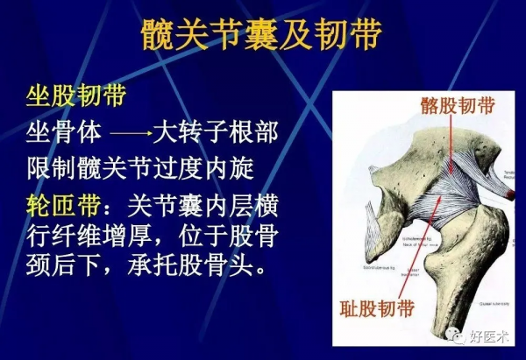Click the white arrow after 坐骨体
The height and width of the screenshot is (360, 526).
click(x=131, y=136)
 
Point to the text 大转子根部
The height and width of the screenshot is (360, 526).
click(x=216, y=134)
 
